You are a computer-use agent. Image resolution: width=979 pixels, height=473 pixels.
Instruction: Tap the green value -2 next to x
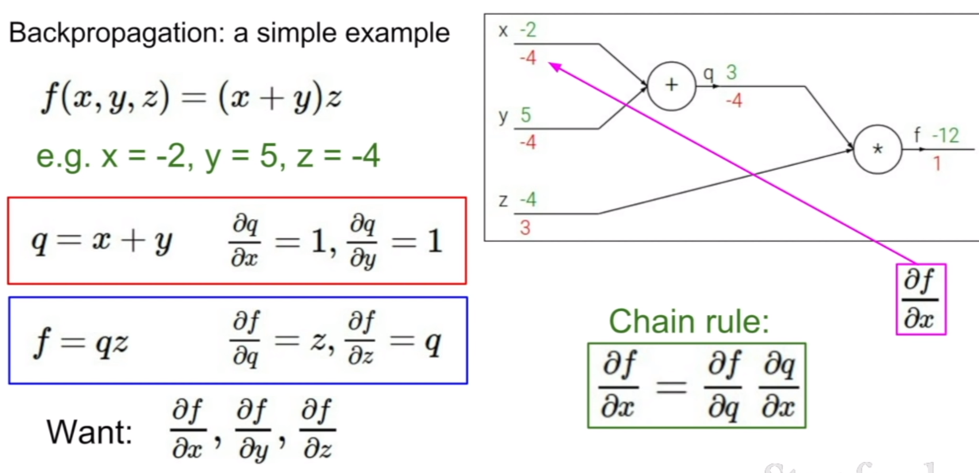tap(528, 30)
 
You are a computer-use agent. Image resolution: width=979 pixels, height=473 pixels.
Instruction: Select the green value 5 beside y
tap(526, 115)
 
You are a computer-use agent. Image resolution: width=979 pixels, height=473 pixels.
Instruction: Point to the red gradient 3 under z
tap(525, 228)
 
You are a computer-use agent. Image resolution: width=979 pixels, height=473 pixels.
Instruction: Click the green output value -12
tap(946, 136)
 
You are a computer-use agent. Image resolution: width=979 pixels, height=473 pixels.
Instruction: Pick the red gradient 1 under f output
tap(937, 164)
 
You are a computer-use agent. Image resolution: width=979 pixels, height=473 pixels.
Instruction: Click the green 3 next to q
tap(731, 72)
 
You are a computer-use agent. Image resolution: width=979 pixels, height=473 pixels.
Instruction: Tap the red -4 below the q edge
tap(734, 101)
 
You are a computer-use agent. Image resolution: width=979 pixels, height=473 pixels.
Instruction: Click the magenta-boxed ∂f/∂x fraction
tap(921, 299)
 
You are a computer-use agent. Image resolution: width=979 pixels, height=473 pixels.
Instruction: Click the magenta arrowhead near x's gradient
tap(555, 67)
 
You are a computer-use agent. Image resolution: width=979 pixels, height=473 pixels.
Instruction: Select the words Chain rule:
tap(689, 321)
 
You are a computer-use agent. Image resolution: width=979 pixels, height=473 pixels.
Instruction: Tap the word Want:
tap(90, 433)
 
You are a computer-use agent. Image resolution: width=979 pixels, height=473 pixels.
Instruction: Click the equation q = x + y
tap(102, 241)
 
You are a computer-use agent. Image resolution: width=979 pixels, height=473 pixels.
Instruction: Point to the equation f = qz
tap(81, 342)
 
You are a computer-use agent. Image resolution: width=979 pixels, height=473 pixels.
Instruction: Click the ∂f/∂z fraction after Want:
tap(317, 429)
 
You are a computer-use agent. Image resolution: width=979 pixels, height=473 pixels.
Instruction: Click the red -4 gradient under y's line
tap(528, 142)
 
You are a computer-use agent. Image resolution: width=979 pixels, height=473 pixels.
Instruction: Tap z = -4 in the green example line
tap(338, 156)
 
